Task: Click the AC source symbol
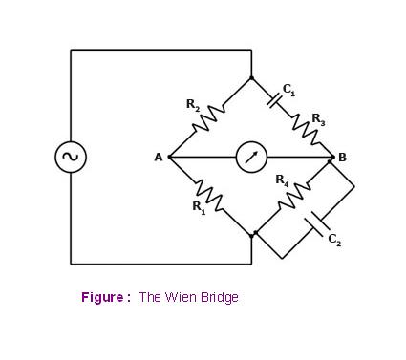(x=71, y=157)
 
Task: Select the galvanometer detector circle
(x=251, y=157)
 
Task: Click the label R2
(x=192, y=104)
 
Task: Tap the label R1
(x=199, y=207)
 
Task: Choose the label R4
(x=282, y=180)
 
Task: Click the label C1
(x=288, y=90)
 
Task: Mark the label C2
(x=333, y=240)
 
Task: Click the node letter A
(x=159, y=158)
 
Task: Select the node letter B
(x=342, y=158)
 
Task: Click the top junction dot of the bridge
(x=251, y=78)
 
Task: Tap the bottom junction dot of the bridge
(x=252, y=233)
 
